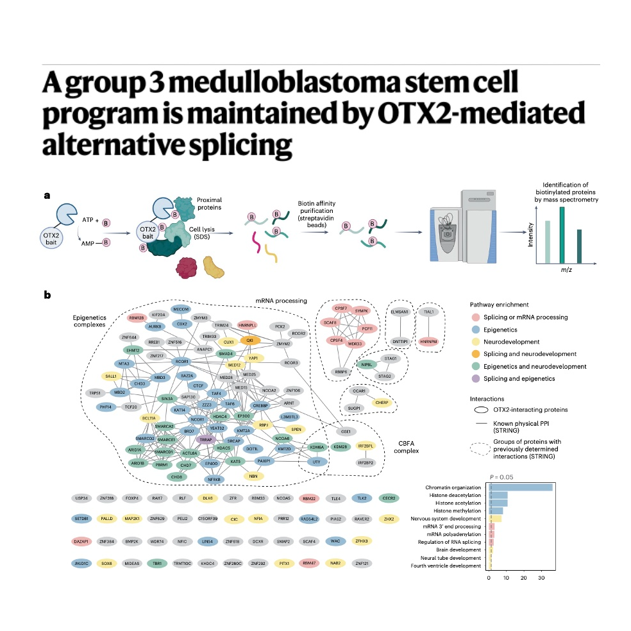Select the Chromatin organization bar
coord(520,487)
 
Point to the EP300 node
coord(244,416)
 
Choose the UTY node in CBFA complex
coord(314,461)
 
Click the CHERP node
coord(382,403)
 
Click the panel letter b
coord(47,296)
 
